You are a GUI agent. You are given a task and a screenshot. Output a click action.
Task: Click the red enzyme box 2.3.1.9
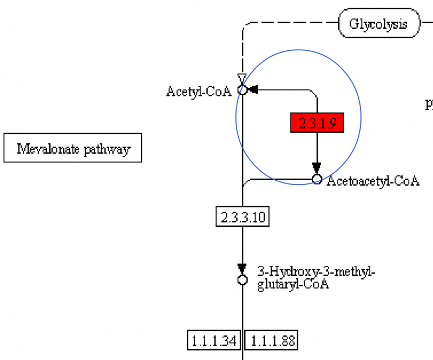point(317,123)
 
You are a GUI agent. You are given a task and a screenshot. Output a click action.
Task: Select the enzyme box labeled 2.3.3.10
point(242,218)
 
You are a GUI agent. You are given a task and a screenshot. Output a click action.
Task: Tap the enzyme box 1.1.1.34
point(214,341)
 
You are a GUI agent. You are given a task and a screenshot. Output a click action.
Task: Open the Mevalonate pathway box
point(73,148)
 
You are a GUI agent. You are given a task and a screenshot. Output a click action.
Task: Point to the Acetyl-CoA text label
point(199,91)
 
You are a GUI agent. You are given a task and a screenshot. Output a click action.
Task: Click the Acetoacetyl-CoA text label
point(373,181)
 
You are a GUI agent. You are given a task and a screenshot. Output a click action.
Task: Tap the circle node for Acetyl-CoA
point(242,90)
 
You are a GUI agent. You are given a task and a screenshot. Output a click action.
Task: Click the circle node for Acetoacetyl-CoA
point(317,179)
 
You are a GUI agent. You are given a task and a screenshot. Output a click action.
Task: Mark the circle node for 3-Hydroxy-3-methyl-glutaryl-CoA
point(242,280)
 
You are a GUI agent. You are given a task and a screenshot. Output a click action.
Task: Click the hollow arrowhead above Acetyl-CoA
point(242,79)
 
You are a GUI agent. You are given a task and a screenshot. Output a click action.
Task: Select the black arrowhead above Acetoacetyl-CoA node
point(317,168)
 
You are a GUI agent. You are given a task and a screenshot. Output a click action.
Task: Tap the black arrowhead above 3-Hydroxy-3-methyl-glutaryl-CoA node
point(242,269)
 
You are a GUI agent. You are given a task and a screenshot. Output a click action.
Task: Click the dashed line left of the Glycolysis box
point(292,24)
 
